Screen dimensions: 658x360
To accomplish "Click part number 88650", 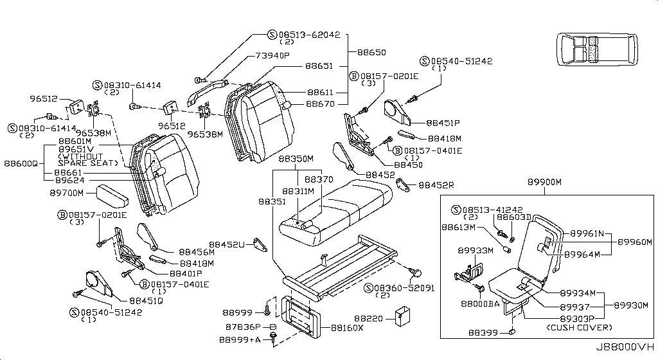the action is (x=371, y=53).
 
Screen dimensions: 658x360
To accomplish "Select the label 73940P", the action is (x=272, y=55).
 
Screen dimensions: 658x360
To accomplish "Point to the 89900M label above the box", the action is (x=544, y=182).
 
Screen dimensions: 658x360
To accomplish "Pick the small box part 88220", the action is (x=402, y=317).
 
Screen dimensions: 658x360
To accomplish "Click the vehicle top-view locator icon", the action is (x=598, y=50).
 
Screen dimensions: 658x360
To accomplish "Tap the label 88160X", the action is (x=347, y=328).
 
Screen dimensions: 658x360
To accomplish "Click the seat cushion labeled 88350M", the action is (x=335, y=213).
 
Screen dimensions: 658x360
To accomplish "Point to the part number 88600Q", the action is (x=21, y=163).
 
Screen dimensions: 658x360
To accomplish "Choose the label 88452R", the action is (x=436, y=185).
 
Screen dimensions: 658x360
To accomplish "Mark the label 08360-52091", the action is (x=404, y=288).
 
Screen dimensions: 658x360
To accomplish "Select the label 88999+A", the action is (x=240, y=340).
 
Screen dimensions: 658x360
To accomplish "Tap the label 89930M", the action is (x=631, y=305).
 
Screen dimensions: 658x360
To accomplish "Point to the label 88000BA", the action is (x=480, y=304).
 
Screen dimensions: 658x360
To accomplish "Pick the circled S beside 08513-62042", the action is (x=272, y=35).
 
